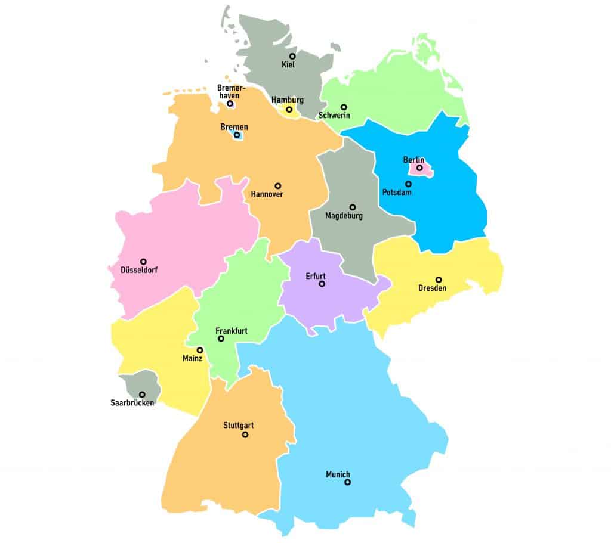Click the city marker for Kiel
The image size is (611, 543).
(292, 56)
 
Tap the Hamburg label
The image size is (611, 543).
(287, 100)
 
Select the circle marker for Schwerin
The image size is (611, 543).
(344, 107)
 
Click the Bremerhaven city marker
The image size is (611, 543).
(230, 104)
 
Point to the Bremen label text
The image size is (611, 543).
(234, 127)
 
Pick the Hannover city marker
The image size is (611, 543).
(277, 186)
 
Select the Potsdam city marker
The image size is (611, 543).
(408, 184)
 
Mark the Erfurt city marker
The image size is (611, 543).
(322, 284)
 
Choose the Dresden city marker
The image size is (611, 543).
(439, 280)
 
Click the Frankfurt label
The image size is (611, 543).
(231, 330)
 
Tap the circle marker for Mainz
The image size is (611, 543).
(200, 350)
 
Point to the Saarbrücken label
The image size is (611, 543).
(132, 403)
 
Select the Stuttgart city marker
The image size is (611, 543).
(245, 435)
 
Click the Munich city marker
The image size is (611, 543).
(347, 482)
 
